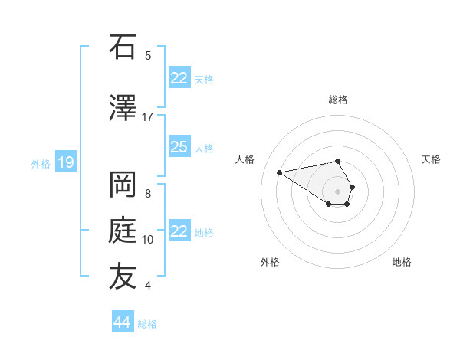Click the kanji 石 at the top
coord(123,47)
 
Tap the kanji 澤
coord(123,109)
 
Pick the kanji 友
coord(123,277)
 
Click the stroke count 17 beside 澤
coord(148,116)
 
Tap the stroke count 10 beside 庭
coord(148,240)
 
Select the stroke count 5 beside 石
coord(148,55)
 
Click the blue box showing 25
coord(179,147)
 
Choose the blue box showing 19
coord(66,162)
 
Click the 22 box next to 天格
coord(179,78)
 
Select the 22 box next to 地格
coord(179,231)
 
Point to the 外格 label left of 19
coord(41,163)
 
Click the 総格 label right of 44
coord(147,324)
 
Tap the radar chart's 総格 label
coord(337,100)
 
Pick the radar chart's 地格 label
coord(402,262)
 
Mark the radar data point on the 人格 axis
coord(280,172)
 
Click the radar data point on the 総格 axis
coord(337,162)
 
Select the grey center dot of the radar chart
coord(337,191)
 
